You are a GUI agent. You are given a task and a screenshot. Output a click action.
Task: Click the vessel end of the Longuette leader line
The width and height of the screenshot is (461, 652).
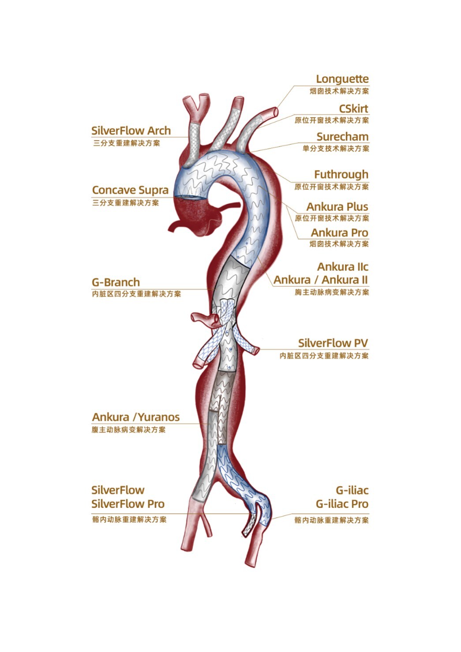click(277, 108)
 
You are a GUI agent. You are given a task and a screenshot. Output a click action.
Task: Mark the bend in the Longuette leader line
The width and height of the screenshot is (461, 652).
click(294, 86)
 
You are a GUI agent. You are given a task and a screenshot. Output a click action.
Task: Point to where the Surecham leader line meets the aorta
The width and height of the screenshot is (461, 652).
click(250, 152)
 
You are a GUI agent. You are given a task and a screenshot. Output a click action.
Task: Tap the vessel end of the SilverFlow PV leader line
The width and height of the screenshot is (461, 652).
click(259, 349)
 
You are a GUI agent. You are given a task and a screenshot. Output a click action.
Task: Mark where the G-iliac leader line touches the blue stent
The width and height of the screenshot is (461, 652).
click(271, 518)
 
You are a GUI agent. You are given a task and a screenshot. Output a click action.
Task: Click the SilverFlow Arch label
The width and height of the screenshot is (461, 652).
click(131, 131)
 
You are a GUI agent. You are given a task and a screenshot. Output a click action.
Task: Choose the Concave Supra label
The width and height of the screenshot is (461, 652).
click(131, 190)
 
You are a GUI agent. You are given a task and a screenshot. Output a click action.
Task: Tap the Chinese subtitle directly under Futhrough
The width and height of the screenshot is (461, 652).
click(331, 187)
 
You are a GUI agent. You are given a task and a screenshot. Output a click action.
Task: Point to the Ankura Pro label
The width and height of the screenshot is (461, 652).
click(339, 232)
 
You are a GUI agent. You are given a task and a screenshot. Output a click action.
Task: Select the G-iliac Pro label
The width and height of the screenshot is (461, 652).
click(342, 504)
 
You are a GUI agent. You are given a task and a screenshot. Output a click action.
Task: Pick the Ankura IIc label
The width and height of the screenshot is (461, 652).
click(342, 266)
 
